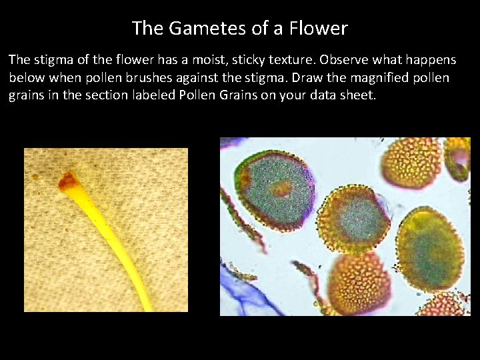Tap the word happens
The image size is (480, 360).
[x=431, y=60]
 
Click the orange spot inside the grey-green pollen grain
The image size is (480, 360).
[x=282, y=189]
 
